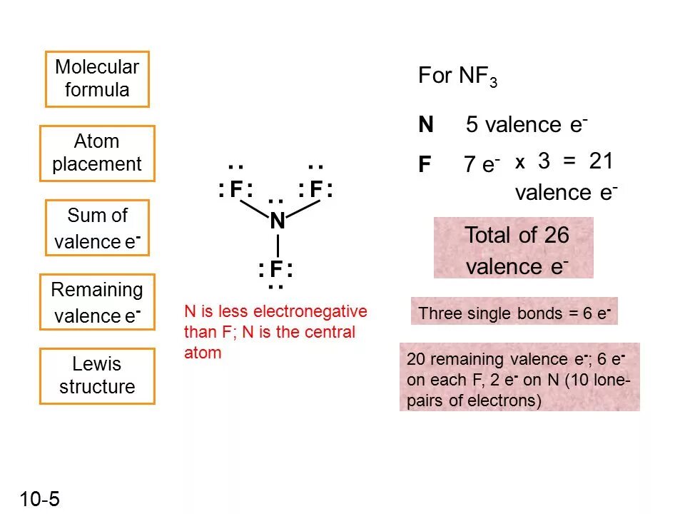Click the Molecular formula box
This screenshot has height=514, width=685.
pos(97,79)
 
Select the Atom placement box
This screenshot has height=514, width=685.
pos(97,153)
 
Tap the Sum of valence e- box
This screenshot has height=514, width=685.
pos(97,228)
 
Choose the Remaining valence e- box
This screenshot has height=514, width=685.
pos(97,302)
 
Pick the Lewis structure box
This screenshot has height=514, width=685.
pos(97,376)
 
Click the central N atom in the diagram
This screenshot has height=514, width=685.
pos(278,222)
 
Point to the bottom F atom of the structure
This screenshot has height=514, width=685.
pos(277,270)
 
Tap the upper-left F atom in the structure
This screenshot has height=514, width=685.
pos(237,190)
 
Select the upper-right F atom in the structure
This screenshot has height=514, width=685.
pos(316,190)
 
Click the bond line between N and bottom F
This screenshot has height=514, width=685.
pos(277,245)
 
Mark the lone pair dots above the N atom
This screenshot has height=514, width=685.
pos(277,203)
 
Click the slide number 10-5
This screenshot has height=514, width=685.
pos(40,499)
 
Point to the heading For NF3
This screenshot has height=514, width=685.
pos(457,77)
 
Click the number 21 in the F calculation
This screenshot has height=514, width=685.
pos(601,161)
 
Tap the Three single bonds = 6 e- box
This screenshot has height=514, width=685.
pos(514,313)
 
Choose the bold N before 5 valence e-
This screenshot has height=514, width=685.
pos(426,126)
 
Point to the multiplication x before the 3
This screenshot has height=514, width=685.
pos(520,163)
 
